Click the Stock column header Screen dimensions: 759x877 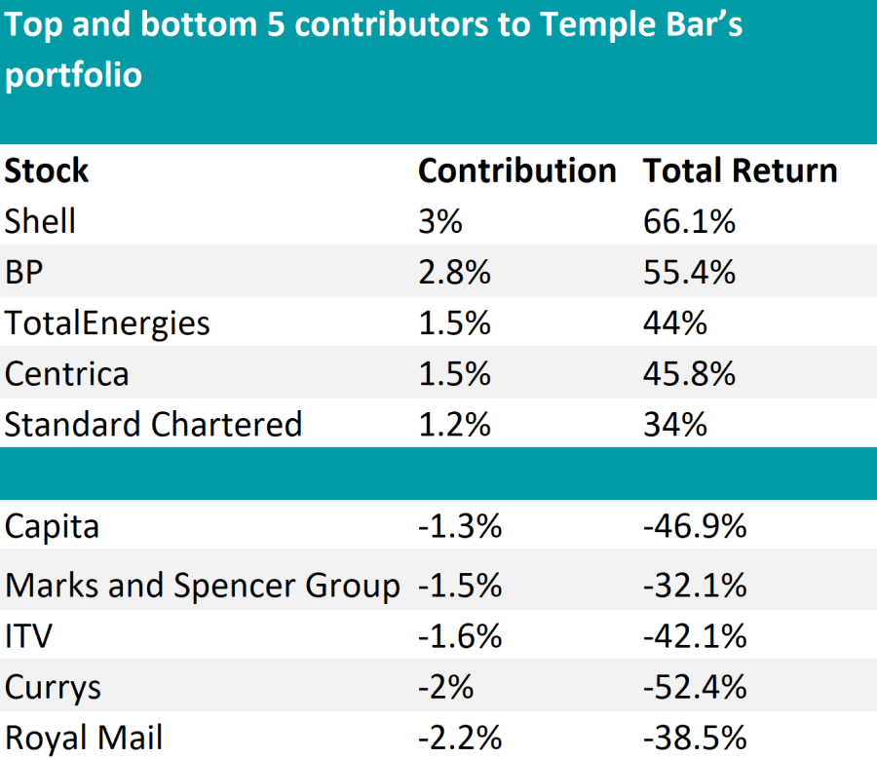click(47, 171)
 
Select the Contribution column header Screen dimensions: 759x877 click(516, 171)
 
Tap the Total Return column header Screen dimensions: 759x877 click(740, 171)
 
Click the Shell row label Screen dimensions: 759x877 click(40, 221)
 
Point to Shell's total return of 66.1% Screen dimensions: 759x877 click(689, 221)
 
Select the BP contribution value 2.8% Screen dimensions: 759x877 click(454, 272)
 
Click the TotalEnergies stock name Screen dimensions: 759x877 click(107, 323)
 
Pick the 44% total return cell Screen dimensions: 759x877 click(674, 323)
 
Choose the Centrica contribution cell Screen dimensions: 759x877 click(454, 373)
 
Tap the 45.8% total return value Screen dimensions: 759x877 click(689, 373)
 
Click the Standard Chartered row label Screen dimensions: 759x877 click(153, 424)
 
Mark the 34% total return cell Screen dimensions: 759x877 click(674, 424)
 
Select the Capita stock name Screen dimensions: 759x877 click(52, 526)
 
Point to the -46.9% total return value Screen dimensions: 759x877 click(695, 526)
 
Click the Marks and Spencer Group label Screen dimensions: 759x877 click(202, 586)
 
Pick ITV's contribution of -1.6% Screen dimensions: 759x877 click(460, 636)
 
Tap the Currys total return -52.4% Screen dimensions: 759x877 click(695, 687)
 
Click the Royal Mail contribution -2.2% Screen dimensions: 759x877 click(460, 738)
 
